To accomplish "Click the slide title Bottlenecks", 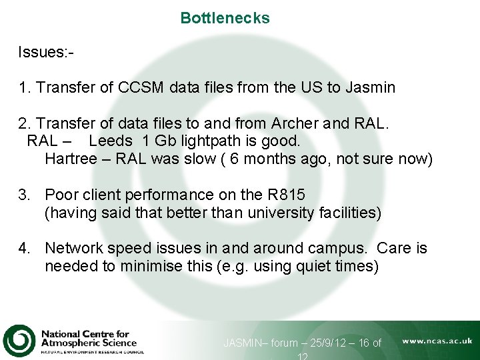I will click(x=225, y=18).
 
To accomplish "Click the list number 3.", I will click(x=24, y=195).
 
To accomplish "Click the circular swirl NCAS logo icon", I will click(x=19, y=340).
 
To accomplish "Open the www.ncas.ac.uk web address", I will click(x=437, y=341).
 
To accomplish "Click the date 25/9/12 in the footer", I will click(x=324, y=343).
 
